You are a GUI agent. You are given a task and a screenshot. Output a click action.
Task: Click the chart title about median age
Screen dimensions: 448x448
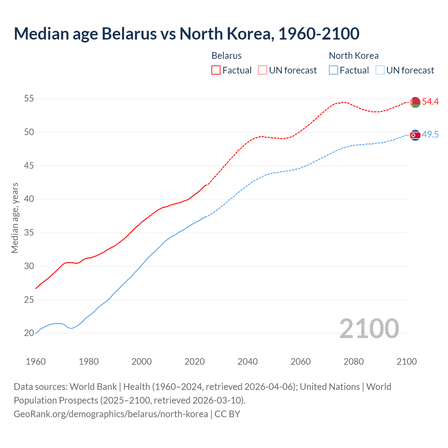coord(187,34)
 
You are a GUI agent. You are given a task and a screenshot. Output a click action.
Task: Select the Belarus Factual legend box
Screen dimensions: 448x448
coord(216,70)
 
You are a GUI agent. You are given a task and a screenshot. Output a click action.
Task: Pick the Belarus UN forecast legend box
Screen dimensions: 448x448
coord(262,70)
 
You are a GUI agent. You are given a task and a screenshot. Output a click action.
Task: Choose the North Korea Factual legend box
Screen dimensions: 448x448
coord(334,70)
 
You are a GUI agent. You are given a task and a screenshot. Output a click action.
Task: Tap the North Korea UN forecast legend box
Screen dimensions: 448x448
coord(380,70)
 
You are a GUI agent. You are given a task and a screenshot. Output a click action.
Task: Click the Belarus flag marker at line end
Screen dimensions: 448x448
coord(415,102)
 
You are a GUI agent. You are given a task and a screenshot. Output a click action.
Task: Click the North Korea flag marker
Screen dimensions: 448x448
coord(415,135)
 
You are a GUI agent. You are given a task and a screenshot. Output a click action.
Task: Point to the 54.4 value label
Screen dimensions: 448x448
coord(430,102)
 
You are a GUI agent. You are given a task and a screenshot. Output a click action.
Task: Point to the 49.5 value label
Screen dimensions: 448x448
coord(430,135)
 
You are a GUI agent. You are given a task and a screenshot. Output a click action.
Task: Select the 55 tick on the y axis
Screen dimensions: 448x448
coord(29,99)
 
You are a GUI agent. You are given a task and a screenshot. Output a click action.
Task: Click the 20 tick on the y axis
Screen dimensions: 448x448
coord(29,333)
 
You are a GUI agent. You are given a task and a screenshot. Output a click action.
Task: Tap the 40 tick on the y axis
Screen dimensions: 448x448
coord(29,199)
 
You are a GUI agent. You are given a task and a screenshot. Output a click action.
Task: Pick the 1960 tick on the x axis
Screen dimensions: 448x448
coord(36,362)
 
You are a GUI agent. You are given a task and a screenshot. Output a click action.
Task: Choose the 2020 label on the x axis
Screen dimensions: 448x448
coord(195,362)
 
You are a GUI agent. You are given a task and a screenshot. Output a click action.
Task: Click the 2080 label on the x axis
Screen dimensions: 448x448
coord(353,362)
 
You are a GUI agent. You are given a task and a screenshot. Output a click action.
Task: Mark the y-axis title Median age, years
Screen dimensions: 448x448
coord(15,218)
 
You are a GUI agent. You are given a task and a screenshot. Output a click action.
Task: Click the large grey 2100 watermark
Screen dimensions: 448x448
coord(369,328)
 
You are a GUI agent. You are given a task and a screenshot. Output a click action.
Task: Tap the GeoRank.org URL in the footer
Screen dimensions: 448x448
coord(111,414)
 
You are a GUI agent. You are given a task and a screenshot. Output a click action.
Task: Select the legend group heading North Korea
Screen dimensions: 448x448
coord(353,56)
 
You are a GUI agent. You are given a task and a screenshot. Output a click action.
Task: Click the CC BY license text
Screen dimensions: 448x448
coord(227,414)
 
